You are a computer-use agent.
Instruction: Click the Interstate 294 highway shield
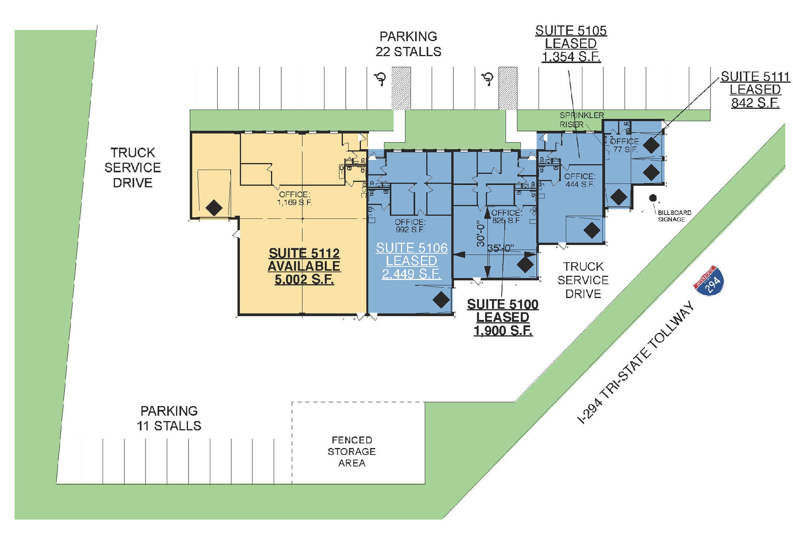click(709, 281)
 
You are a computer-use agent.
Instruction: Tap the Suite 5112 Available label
click(304, 266)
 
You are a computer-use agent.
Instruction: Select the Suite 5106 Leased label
click(412, 261)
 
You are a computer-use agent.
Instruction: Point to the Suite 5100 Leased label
click(503, 317)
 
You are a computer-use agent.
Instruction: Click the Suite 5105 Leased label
click(571, 43)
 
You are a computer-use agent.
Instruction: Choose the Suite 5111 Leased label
click(755, 89)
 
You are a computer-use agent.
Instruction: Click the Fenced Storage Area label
click(352, 452)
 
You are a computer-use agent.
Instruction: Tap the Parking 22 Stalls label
click(408, 44)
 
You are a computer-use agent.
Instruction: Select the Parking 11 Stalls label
click(169, 418)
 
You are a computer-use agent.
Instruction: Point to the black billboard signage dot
click(653, 198)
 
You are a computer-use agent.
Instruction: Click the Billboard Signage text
click(674, 216)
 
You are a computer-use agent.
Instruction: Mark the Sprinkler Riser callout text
click(581, 120)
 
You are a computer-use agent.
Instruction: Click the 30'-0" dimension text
click(481, 234)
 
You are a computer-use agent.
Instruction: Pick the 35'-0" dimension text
click(500, 248)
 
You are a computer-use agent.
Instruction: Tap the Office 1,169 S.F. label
click(294, 198)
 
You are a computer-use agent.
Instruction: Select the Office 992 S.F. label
click(410, 226)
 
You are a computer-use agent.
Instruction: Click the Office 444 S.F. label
click(580, 180)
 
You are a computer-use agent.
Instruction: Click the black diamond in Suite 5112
click(214, 208)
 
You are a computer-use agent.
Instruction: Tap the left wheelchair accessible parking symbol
click(381, 79)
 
